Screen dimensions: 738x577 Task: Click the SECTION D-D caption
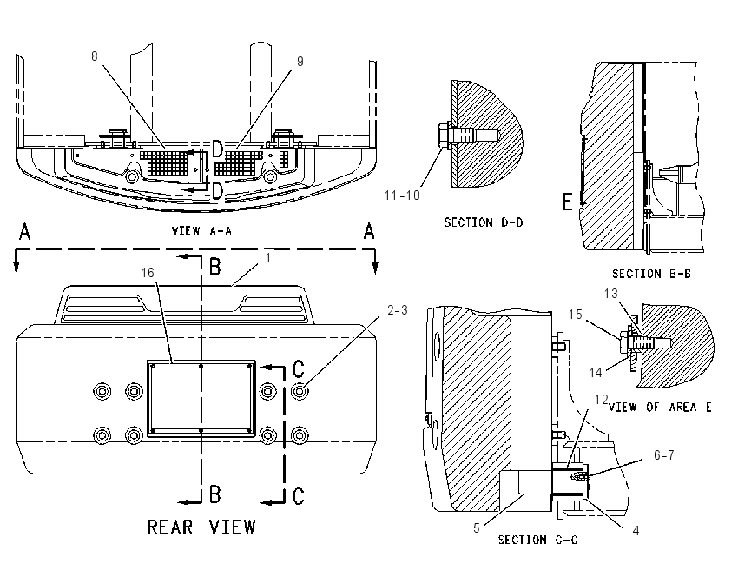coord(484,222)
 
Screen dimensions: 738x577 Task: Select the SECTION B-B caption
coord(651,274)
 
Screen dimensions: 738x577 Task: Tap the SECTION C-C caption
coord(538,540)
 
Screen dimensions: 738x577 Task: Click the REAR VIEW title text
coord(201,527)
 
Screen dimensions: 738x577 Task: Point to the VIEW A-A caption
coord(201,231)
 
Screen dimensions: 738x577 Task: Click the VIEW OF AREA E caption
coord(660,407)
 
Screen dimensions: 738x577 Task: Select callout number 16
coord(148,273)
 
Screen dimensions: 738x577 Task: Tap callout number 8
coord(94,56)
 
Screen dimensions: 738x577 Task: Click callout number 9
coord(300,61)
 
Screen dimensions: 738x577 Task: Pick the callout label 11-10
coord(402,196)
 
